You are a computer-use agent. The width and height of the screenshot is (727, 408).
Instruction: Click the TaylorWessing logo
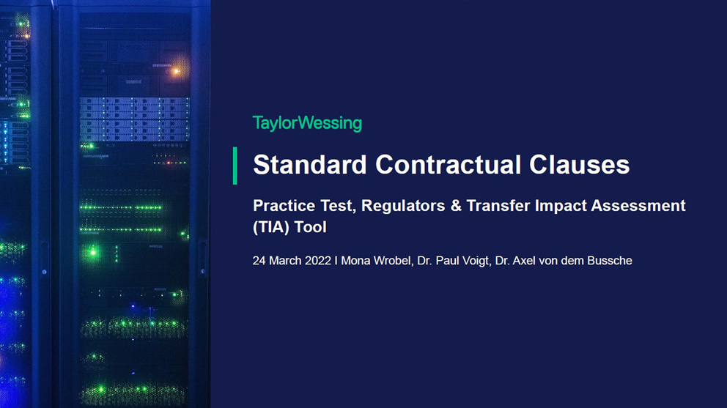click(x=307, y=123)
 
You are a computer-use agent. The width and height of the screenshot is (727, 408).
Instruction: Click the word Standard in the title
click(x=310, y=165)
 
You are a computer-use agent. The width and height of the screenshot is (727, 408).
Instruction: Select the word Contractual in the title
click(x=448, y=165)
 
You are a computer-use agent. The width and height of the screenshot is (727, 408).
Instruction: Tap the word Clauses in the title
click(x=579, y=165)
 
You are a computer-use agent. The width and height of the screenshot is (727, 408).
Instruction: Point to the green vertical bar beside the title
click(x=235, y=166)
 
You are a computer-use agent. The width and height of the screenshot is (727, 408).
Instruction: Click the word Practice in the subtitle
click(x=284, y=205)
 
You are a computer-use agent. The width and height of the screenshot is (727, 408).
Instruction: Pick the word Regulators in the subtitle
click(x=403, y=205)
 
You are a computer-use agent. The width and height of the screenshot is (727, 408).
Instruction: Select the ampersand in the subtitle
click(x=456, y=205)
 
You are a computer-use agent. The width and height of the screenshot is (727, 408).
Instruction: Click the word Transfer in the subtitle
click(x=498, y=205)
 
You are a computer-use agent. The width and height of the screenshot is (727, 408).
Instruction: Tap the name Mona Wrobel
click(x=376, y=261)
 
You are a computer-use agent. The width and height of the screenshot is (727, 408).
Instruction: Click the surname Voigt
click(x=475, y=261)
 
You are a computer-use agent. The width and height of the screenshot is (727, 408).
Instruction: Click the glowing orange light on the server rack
click(x=176, y=71)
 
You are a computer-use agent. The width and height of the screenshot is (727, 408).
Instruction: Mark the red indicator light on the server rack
click(x=169, y=163)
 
